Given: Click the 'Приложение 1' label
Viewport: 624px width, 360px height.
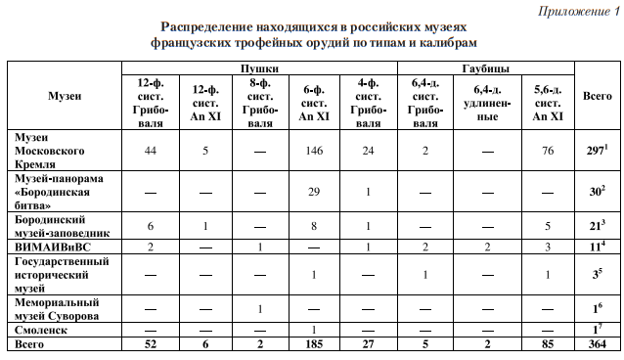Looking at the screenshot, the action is pyautogui.click(x=579, y=11).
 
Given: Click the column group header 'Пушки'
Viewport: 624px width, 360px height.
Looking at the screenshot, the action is pyautogui.click(x=258, y=67).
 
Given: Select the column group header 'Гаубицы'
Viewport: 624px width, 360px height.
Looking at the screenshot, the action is pyautogui.click(x=485, y=67).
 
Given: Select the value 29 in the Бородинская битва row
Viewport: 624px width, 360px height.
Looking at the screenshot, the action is pyautogui.click(x=314, y=190).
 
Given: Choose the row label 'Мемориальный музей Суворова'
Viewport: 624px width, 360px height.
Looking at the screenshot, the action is pyautogui.click(x=60, y=309).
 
